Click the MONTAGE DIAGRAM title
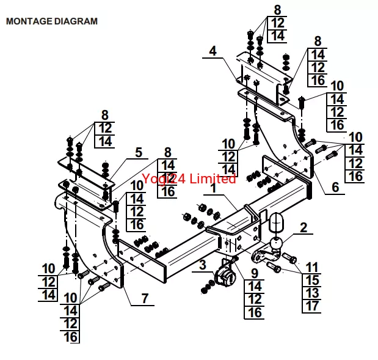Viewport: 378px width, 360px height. [51, 21]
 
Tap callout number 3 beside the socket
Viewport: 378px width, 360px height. [213, 51]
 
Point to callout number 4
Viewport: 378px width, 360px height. [139, 152]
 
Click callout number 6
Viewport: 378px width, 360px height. [145, 298]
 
